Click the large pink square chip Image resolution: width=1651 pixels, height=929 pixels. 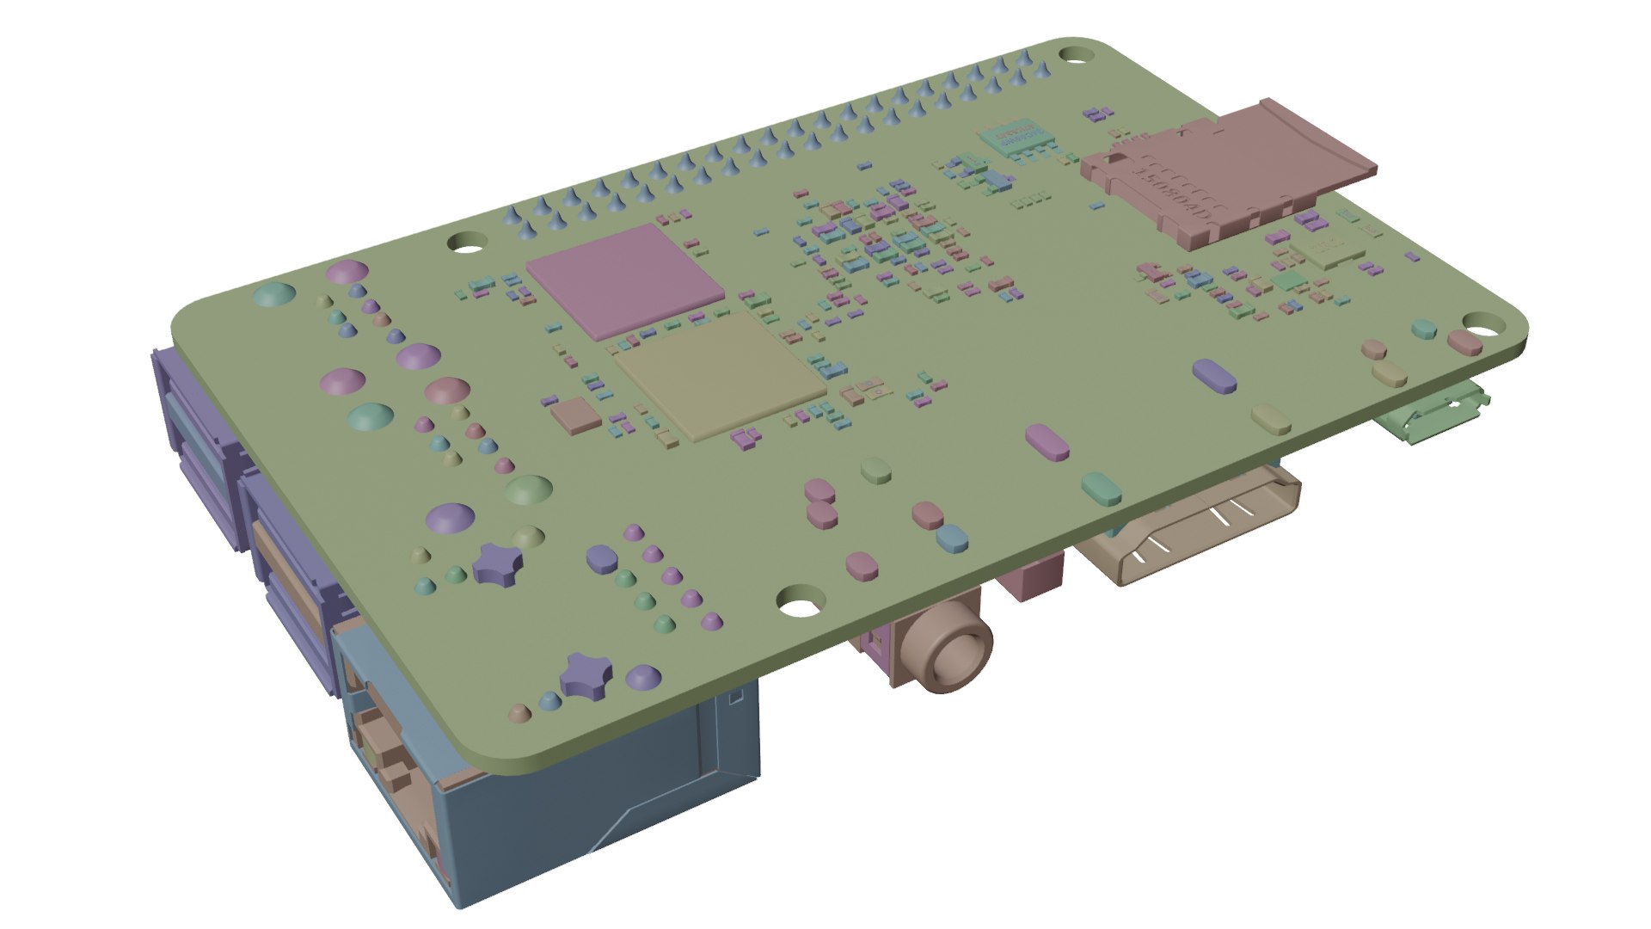click(x=625, y=278)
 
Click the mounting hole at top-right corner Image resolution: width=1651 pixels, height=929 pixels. click(x=1072, y=53)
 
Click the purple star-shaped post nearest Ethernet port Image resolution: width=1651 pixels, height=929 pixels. click(x=586, y=673)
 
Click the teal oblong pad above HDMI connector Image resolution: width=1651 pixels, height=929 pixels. click(x=1102, y=486)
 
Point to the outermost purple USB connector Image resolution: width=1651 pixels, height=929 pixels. click(x=193, y=439)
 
